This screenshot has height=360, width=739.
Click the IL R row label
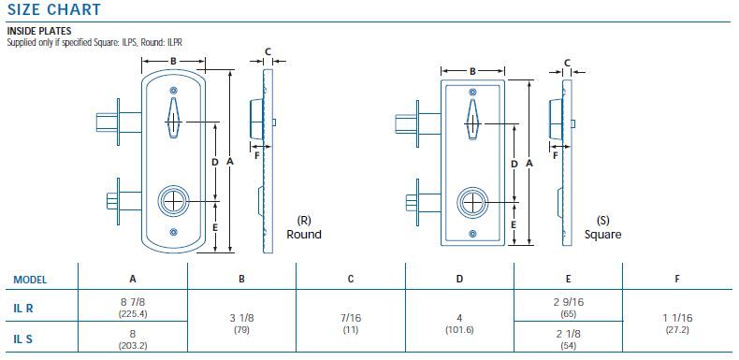pyautogui.click(x=23, y=306)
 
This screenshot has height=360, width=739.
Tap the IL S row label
pyautogui.click(x=23, y=338)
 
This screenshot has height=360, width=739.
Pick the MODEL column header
pyautogui.click(x=30, y=279)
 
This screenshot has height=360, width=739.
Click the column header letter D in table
pyautogui.click(x=459, y=279)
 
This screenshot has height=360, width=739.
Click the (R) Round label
pyautogui.click(x=303, y=227)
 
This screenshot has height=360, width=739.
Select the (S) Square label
pyautogui.click(x=602, y=227)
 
